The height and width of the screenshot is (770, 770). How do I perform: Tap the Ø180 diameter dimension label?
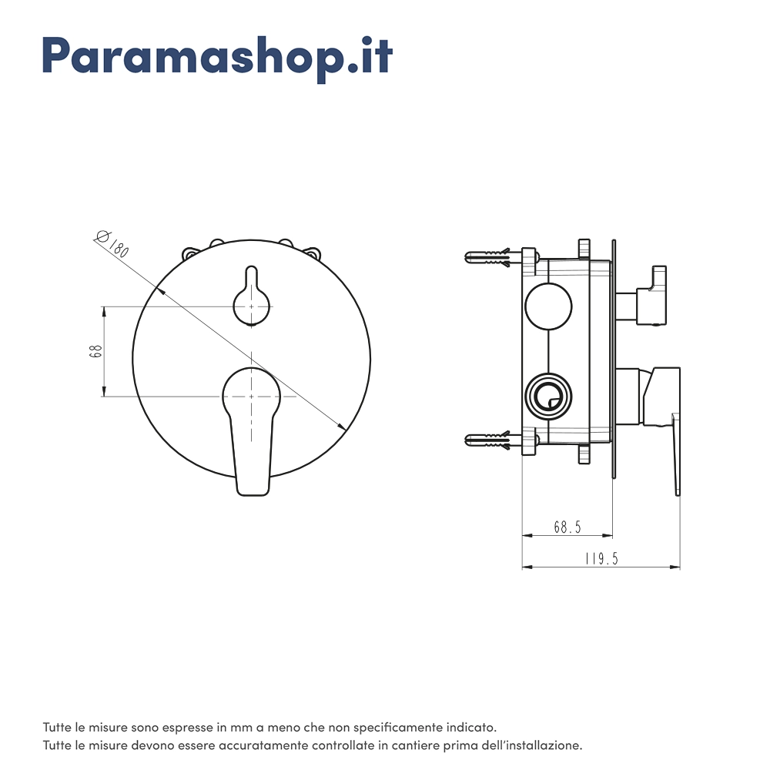tap(112, 243)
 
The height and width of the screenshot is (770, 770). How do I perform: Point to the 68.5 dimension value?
tap(567, 527)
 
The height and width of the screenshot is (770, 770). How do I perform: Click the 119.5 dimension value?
tap(601, 559)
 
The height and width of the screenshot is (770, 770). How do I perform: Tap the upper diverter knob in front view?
tap(252, 296)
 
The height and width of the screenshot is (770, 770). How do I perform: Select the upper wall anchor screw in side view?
tap(489, 257)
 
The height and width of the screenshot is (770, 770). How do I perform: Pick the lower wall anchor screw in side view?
tap(489, 440)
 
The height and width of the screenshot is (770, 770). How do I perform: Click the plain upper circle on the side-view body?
tap(548, 306)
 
